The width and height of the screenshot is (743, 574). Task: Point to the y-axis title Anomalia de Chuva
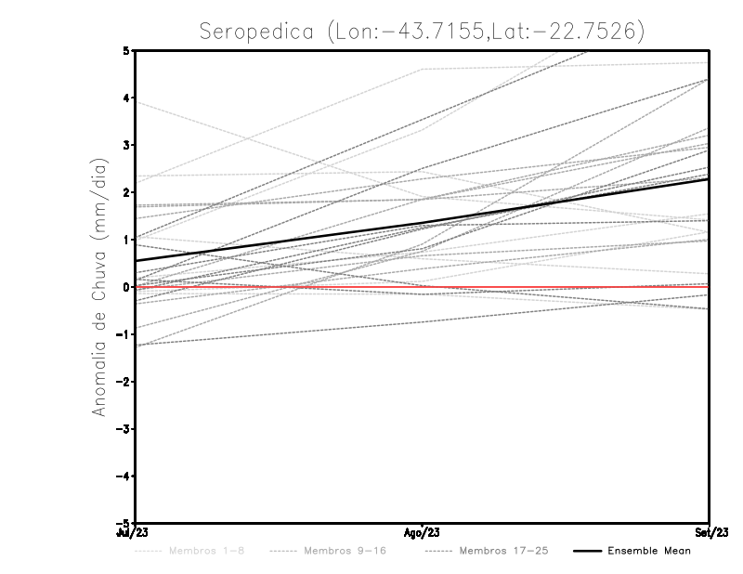(x=98, y=287)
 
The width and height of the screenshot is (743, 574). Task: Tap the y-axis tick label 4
(x=126, y=98)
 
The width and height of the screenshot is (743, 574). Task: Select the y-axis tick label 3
(x=126, y=146)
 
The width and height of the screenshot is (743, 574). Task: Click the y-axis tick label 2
(x=126, y=192)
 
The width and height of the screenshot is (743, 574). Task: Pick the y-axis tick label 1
(x=126, y=240)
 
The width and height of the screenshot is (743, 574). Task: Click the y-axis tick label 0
(x=126, y=287)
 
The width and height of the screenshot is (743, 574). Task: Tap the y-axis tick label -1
(x=124, y=334)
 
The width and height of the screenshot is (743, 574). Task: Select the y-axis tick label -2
(x=124, y=381)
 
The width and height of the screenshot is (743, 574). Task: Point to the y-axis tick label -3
(x=124, y=428)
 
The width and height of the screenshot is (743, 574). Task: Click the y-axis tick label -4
(x=124, y=476)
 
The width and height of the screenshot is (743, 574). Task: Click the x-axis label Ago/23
(x=423, y=533)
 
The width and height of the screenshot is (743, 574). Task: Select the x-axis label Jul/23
(x=132, y=533)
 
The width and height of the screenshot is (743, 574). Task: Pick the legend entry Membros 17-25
(x=503, y=552)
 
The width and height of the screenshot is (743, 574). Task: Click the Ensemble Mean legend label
(x=648, y=552)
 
